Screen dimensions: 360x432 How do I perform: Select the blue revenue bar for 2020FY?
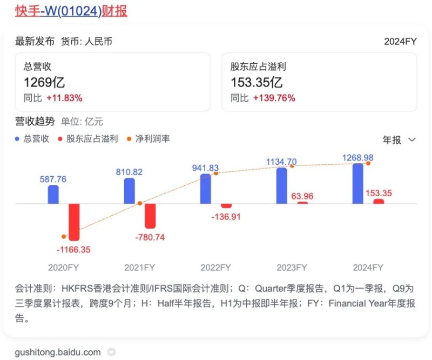(x=53, y=195)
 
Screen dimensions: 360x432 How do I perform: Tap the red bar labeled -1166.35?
(x=73, y=222)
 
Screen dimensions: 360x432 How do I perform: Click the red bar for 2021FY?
(x=150, y=216)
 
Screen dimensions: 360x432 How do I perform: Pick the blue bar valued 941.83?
(x=205, y=189)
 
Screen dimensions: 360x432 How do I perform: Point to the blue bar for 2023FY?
(x=281, y=185)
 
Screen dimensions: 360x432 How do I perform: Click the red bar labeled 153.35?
(x=379, y=201)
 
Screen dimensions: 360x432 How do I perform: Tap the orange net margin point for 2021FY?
(x=139, y=203)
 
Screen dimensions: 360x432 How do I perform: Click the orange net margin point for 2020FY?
(x=64, y=237)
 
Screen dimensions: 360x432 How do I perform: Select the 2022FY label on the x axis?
(x=215, y=268)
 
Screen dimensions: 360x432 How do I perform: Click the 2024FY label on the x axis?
(x=368, y=268)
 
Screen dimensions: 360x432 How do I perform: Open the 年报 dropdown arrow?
(x=412, y=140)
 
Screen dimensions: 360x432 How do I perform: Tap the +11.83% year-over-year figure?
(x=64, y=98)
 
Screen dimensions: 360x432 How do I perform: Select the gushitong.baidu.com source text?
(x=58, y=352)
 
